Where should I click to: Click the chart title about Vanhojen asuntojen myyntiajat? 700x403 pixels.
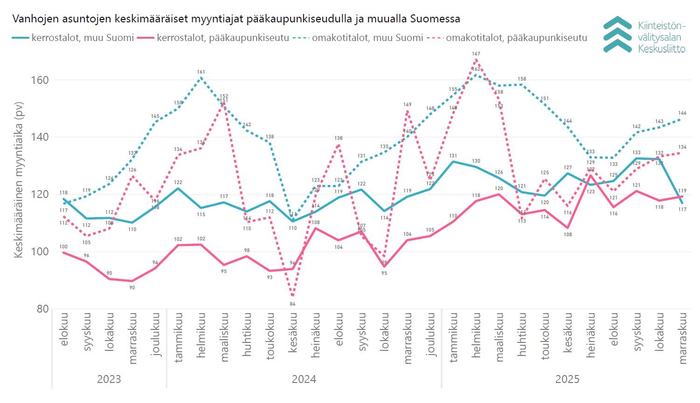[236, 19]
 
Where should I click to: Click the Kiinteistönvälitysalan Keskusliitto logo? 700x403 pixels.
[644, 35]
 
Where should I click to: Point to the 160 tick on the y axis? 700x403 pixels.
[40, 80]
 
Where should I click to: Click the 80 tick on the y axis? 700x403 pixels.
[42, 309]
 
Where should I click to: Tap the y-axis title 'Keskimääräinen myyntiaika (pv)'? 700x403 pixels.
[19, 179]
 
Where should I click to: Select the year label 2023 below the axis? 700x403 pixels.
[109, 379]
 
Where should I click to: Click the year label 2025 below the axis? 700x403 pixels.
[567, 379]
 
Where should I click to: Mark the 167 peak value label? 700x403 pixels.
[476, 54]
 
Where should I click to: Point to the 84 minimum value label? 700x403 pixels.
[292, 304]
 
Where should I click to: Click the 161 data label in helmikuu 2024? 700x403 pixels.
[201, 72]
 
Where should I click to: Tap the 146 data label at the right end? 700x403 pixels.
[682, 113]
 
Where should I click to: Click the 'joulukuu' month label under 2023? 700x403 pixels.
[155, 334]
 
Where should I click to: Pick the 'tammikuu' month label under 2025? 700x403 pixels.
[453, 337]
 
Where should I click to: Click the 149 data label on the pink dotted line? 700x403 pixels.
[407, 105]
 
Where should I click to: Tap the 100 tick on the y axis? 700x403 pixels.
[40, 252]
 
